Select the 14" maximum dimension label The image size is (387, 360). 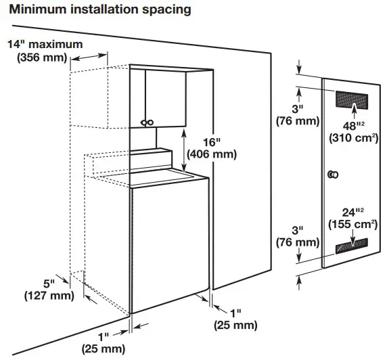coord(45,45)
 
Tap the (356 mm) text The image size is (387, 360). coord(42,58)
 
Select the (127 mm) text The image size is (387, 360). coord(45,295)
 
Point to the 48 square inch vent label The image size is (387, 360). coord(349,126)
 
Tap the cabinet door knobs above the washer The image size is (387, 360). coord(146,122)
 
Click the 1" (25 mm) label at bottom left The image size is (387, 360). coord(104,342)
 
